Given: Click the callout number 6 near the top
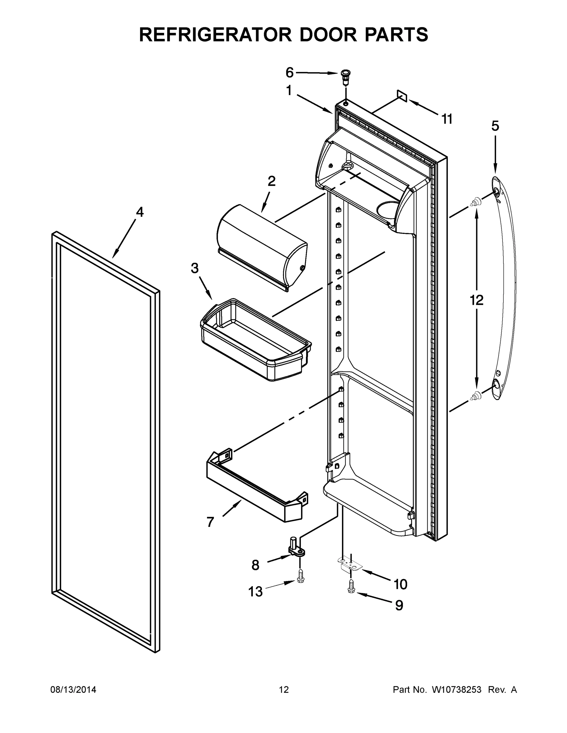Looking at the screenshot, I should click(289, 72).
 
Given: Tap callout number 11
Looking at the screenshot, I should click(447, 119).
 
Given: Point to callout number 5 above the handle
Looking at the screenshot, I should click(495, 126).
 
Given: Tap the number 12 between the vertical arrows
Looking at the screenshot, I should click(476, 300).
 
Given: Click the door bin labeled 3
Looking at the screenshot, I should click(255, 339).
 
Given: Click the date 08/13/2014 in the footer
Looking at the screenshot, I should click(73, 690).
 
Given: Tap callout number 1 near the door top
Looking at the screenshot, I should click(289, 91).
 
